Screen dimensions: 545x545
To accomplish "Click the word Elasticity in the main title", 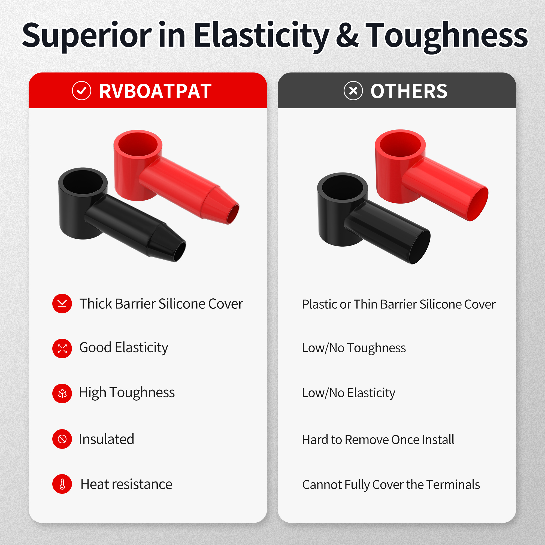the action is click(261, 36).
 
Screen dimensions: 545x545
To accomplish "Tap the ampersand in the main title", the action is click(347, 35).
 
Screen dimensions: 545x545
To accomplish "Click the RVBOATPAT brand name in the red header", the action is click(155, 91).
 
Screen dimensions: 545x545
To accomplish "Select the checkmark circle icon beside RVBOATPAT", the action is click(81, 91).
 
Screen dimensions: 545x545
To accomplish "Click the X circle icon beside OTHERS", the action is click(353, 91).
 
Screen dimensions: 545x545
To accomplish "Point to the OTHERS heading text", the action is click(409, 91).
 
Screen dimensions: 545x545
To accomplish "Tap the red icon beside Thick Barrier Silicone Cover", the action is click(62, 304).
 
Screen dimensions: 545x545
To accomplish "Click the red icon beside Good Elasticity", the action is click(62, 348).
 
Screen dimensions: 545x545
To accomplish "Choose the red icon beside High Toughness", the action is click(62, 393).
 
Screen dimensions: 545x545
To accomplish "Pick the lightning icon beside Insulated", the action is click(62, 439).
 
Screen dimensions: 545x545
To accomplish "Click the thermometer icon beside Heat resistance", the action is click(62, 484).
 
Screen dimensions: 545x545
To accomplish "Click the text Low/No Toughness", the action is click(354, 348).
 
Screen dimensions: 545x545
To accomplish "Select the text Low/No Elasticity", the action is click(348, 393).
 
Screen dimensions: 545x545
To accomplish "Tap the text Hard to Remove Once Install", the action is click(378, 440).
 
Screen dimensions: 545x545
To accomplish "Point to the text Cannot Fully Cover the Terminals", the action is click(391, 485).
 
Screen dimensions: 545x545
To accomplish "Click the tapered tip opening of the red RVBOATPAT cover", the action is click(233, 214).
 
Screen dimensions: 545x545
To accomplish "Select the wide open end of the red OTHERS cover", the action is click(478, 204).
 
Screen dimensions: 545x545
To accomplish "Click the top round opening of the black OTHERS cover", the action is click(343, 187).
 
